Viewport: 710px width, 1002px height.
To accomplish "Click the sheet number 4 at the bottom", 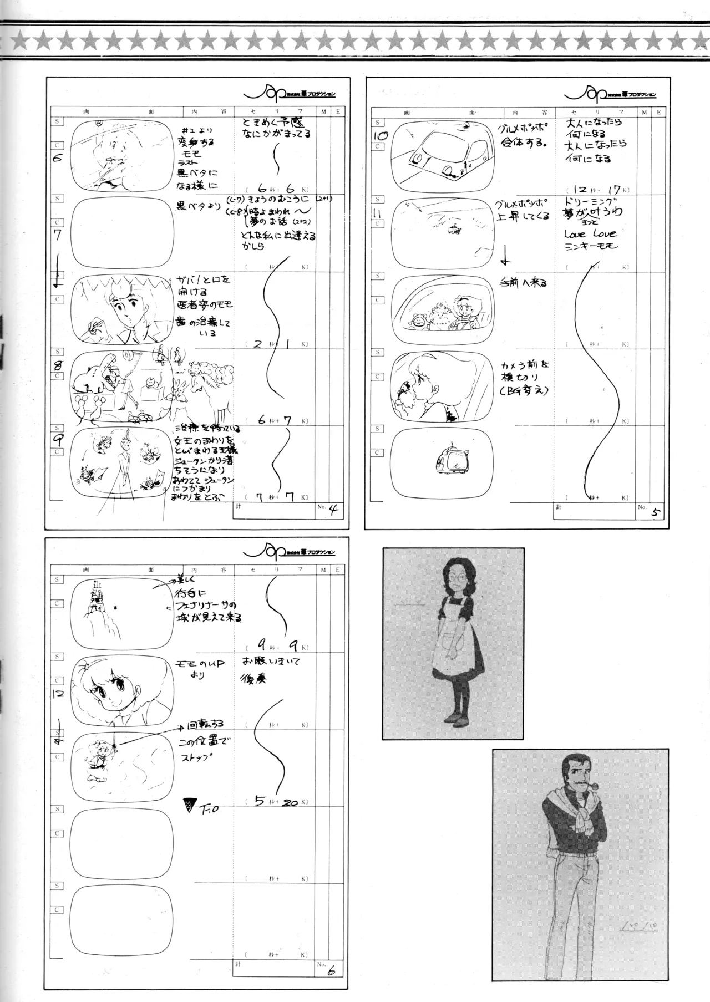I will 333,510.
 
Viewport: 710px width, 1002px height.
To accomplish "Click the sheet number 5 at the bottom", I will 656,512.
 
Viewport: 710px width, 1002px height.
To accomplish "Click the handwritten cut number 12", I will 59,693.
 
